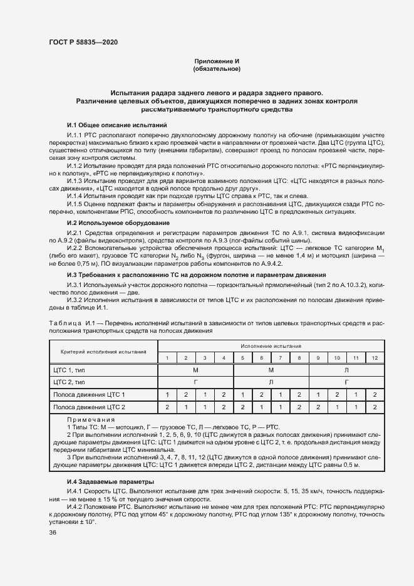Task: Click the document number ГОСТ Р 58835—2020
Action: [x=83, y=42]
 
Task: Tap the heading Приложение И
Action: [x=217, y=61]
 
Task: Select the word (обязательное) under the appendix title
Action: [x=217, y=69]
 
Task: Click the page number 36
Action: [x=53, y=532]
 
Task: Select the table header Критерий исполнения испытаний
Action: [x=103, y=351]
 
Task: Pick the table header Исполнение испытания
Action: [x=271, y=345]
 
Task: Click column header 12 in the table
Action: [x=375, y=357]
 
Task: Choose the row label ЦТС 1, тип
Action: [x=70, y=370]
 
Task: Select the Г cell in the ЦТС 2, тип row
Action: [x=195, y=381]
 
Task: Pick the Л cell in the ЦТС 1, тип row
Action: [x=346, y=370]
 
